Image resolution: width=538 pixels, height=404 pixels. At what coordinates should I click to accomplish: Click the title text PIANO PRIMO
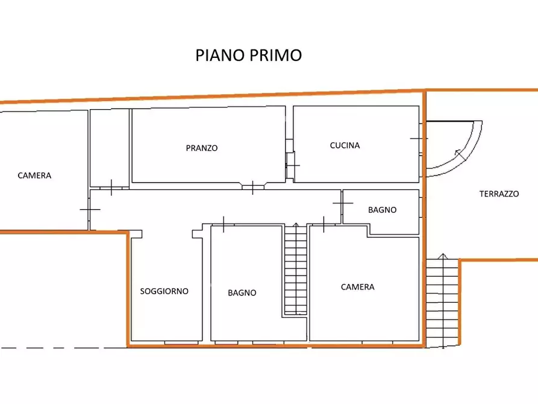(248, 55)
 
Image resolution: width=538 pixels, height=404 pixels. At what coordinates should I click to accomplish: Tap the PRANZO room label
(202, 148)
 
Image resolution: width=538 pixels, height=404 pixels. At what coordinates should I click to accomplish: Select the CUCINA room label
(345, 145)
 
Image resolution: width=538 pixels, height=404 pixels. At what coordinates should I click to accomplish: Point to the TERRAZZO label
(499, 194)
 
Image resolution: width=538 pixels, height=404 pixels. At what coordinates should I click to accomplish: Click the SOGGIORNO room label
(164, 291)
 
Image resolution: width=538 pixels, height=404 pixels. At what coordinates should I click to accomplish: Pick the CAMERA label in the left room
(34, 175)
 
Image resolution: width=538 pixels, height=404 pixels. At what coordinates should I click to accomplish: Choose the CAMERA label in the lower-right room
(357, 287)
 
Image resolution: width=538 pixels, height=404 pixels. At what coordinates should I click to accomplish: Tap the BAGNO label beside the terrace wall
(382, 210)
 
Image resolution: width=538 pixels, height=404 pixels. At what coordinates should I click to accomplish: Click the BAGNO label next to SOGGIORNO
(242, 292)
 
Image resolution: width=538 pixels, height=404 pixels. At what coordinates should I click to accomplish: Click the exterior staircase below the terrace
(442, 301)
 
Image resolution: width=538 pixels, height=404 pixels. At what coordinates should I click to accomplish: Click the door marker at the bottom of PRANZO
(252, 187)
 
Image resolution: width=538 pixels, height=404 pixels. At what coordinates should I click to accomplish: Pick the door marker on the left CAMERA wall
(90, 209)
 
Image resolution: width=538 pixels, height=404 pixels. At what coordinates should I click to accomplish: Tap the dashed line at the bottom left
(60, 348)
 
